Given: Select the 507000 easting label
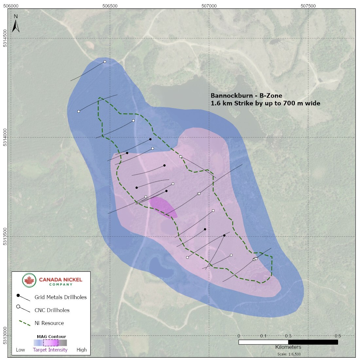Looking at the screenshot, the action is (x=209, y=6).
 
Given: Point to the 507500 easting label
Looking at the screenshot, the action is (x=308, y=6).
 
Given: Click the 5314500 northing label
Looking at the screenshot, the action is (x=5, y=39).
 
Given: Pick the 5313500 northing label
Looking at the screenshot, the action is (x=5, y=236).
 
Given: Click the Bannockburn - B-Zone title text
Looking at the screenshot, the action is (x=246, y=96).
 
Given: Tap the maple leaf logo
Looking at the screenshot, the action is (x=29, y=280).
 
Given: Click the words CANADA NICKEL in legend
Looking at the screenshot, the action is (x=61, y=280).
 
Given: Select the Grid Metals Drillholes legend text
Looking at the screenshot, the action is (x=61, y=297).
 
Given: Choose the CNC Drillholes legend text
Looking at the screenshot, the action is (x=52, y=310).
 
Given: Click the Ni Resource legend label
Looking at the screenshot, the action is (x=49, y=323).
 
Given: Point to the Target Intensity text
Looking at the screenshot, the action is (x=50, y=350).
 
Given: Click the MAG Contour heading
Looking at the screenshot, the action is (x=51, y=336).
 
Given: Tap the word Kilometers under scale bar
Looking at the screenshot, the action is (x=288, y=347).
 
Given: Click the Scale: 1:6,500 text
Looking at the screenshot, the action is (x=288, y=354).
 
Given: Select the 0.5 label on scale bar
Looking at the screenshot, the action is (x=338, y=336).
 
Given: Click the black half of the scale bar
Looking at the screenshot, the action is (x=313, y=342).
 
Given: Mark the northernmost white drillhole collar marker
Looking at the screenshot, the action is (x=105, y=62).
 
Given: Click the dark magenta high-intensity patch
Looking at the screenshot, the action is (x=163, y=207).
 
